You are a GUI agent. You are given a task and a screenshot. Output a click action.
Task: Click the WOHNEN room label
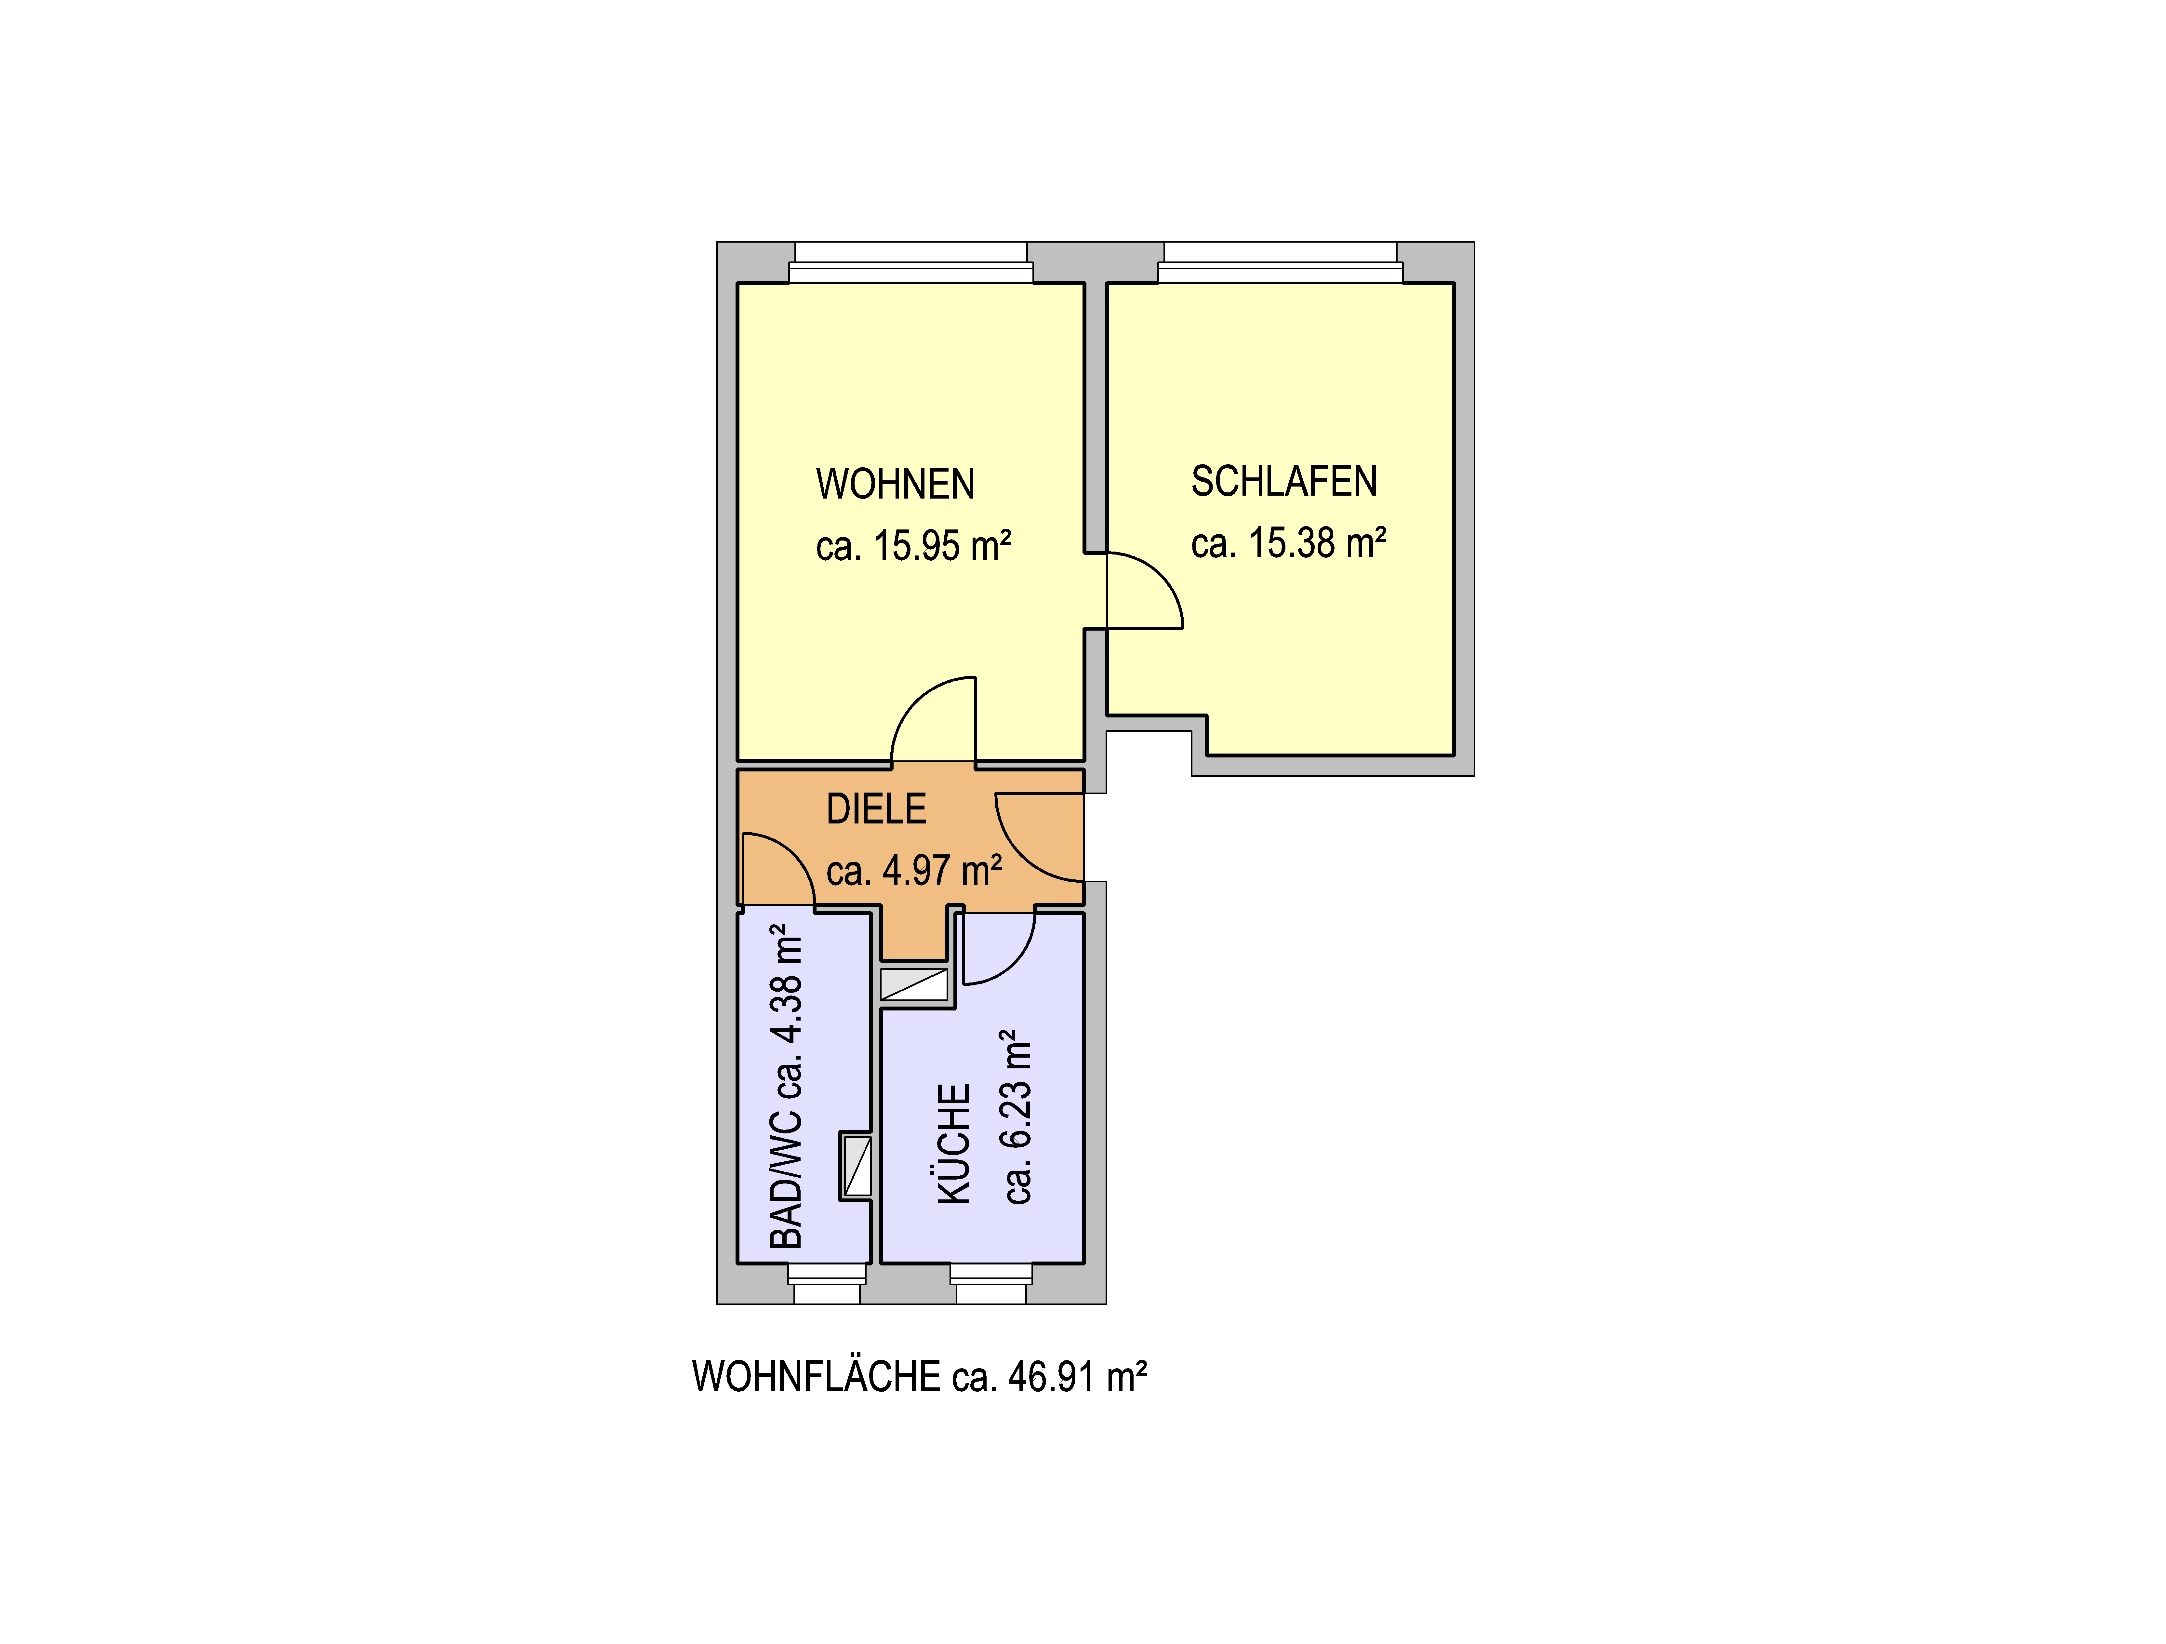[895, 485]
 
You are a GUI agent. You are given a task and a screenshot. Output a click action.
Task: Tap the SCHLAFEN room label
[1284, 482]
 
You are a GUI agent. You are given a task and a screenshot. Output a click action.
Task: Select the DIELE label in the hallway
[876, 810]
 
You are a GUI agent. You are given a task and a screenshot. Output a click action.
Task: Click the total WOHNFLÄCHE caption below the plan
[920, 1377]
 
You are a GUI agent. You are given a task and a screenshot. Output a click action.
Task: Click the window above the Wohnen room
[911, 262]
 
